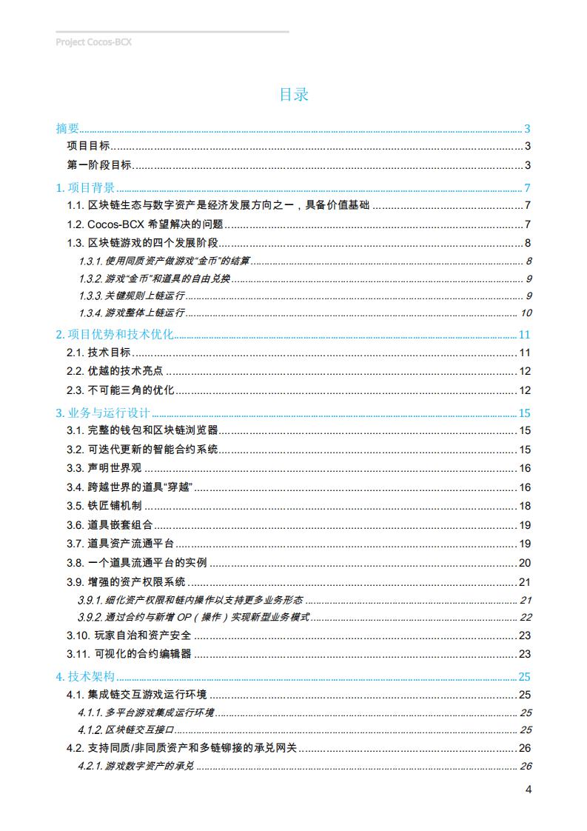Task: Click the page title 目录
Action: coord(293,95)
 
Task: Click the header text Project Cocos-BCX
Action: coord(93,42)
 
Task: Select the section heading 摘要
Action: coord(67,128)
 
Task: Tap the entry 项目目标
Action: coord(88,146)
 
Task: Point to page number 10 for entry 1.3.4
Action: coord(526,313)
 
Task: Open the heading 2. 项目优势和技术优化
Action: coord(115,335)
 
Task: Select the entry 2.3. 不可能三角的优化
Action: coord(120,390)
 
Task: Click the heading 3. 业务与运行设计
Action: coord(103,413)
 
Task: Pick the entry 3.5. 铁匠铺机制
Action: coord(104,506)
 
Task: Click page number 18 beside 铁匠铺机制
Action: coord(525,506)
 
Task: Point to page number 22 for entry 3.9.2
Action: coord(526,617)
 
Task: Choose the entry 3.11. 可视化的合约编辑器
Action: coord(129,654)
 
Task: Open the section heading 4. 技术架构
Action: coord(85,676)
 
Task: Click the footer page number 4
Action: coord(529,789)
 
